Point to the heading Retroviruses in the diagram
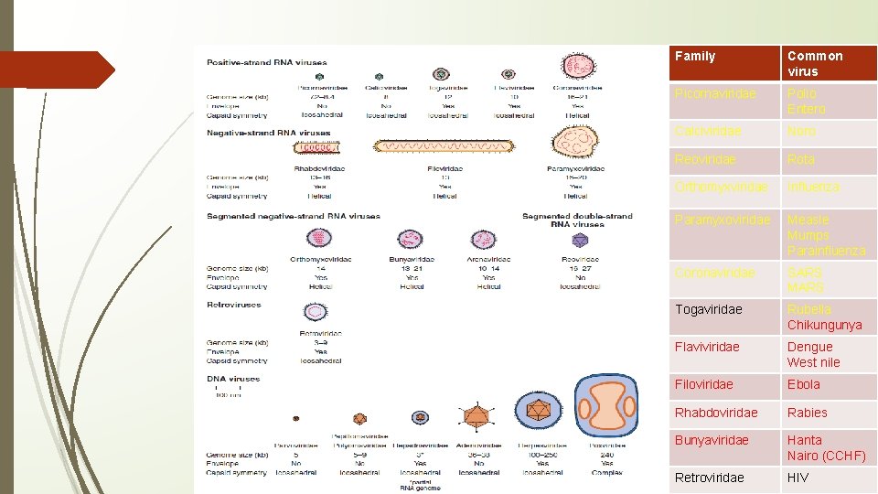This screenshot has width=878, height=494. [234, 305]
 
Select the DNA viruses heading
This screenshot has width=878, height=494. [233, 379]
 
